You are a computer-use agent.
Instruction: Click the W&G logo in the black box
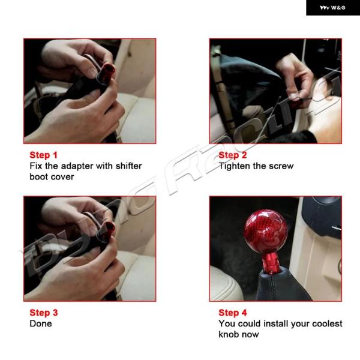(332, 8)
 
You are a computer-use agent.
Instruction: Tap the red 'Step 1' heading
(43, 155)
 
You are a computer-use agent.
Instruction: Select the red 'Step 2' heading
(233, 155)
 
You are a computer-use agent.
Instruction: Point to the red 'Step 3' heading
(44, 313)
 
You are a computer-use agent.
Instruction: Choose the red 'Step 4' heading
(233, 313)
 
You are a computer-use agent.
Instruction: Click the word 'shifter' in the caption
(128, 166)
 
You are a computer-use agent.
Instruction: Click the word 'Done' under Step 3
(41, 324)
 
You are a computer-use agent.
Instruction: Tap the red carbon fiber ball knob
(266, 232)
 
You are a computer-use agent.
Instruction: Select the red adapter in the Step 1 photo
(106, 73)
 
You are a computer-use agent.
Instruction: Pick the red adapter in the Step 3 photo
(106, 232)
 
